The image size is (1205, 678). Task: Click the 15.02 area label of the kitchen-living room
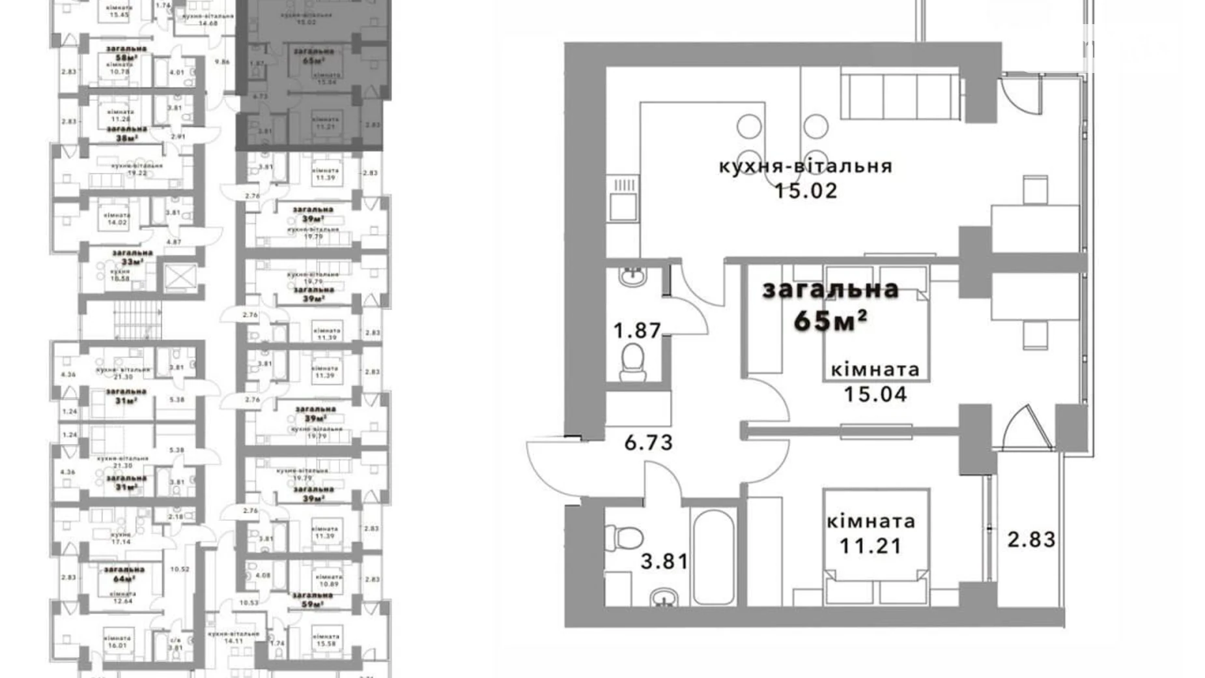click(806, 191)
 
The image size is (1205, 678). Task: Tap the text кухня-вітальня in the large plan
click(806, 166)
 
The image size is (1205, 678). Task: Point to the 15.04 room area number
click(875, 394)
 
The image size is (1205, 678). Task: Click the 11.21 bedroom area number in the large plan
click(871, 546)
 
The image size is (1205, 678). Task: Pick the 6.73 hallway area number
click(648, 443)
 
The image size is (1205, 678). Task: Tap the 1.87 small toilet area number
click(637, 331)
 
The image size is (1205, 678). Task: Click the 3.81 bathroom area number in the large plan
click(664, 561)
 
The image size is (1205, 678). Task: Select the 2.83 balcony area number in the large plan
click(1031, 540)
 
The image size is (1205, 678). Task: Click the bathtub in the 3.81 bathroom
click(714, 557)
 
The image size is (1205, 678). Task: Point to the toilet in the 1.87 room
click(632, 362)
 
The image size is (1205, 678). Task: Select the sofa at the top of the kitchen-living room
click(901, 96)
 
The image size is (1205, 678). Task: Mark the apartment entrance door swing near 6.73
click(554, 466)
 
